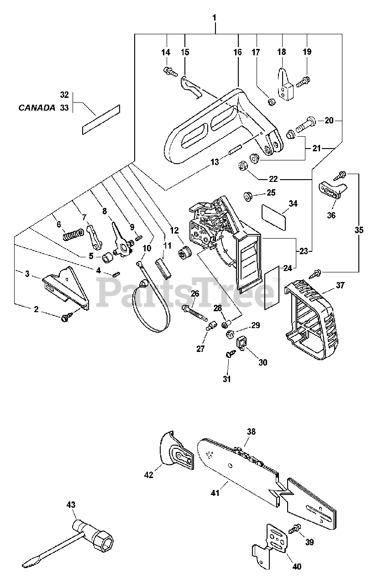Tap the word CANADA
pos(37,107)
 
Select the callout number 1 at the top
pos(215,18)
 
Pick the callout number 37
pos(341,285)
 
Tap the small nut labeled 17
pos(271,101)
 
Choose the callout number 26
pos(194,294)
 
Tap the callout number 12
pos(174,230)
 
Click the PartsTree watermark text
pos(185,292)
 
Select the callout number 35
pos(359,230)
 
